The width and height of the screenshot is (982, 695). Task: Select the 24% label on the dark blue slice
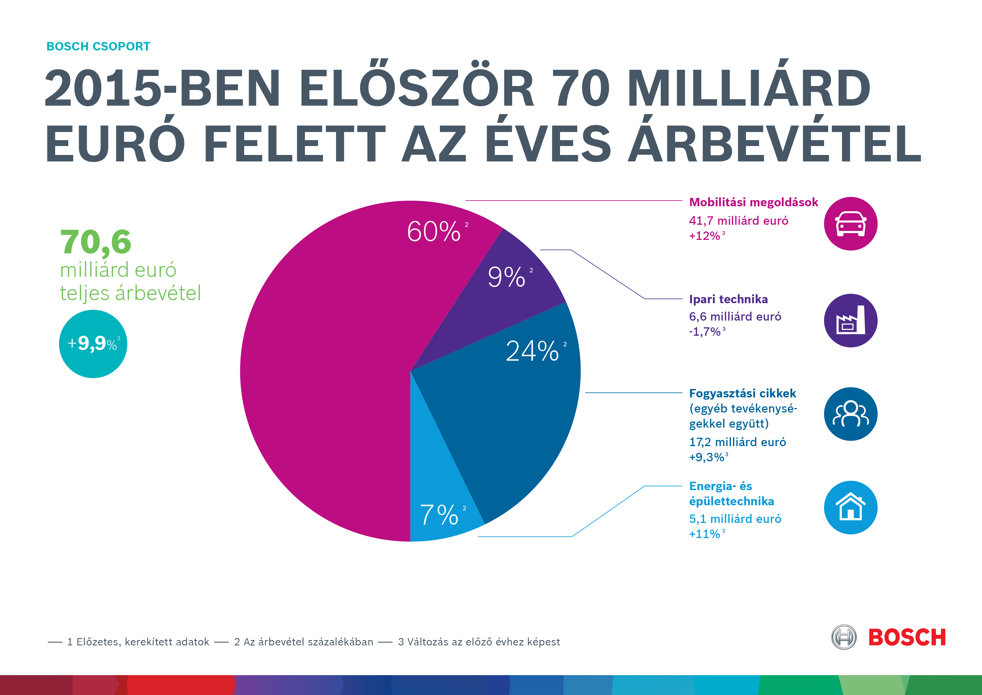(x=533, y=351)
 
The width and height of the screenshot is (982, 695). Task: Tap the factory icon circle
(x=850, y=321)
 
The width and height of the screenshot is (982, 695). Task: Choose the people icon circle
(x=850, y=414)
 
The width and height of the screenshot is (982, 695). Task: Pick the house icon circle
(x=850, y=508)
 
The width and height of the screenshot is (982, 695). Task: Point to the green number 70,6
(x=96, y=242)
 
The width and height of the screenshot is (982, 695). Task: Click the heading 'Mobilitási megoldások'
(x=753, y=202)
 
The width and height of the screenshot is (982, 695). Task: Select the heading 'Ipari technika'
(x=728, y=299)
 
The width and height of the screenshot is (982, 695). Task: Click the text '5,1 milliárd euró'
(x=735, y=519)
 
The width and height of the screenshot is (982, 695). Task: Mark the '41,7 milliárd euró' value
(x=738, y=221)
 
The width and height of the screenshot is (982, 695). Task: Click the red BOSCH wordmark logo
(x=907, y=638)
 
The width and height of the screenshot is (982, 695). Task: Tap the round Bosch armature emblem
(x=843, y=637)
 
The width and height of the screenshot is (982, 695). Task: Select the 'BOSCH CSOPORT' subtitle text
(x=98, y=46)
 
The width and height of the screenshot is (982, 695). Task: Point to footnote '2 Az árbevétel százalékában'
(x=304, y=642)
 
